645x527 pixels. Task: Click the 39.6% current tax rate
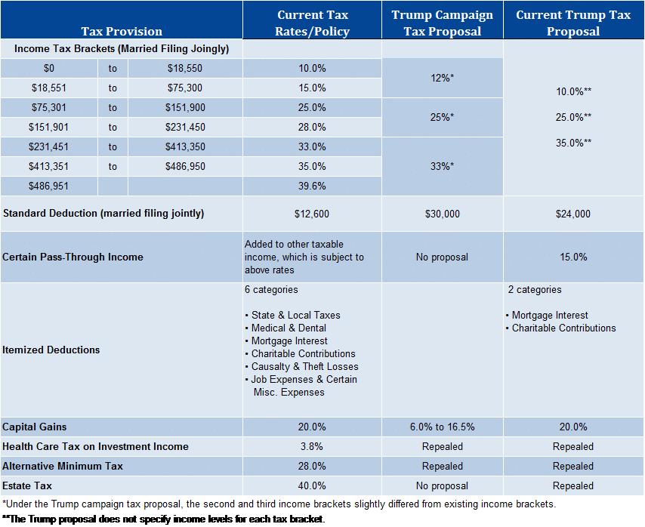click(x=312, y=186)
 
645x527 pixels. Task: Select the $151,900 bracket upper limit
click(x=185, y=108)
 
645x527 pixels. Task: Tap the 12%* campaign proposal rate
click(x=442, y=78)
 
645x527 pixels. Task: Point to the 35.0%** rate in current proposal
click(x=573, y=143)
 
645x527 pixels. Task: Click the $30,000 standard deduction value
click(x=442, y=214)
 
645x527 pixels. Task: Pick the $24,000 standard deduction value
click(x=573, y=214)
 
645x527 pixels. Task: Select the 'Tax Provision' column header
click(x=122, y=31)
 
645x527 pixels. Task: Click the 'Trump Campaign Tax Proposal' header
click(x=442, y=23)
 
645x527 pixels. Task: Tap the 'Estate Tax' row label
click(x=27, y=486)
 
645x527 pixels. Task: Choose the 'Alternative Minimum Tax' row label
click(x=63, y=466)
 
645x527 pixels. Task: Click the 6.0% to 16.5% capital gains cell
click(x=442, y=427)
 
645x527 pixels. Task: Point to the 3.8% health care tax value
click(x=312, y=446)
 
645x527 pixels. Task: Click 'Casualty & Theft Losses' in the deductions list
click(x=301, y=367)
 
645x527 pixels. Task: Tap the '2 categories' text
click(x=535, y=290)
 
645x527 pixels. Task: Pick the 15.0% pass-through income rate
click(x=573, y=257)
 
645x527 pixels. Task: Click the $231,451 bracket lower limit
click(x=48, y=146)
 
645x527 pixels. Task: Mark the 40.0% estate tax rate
click(x=312, y=486)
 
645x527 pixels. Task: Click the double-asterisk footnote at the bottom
click(x=164, y=519)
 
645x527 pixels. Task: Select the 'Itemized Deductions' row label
click(x=51, y=350)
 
